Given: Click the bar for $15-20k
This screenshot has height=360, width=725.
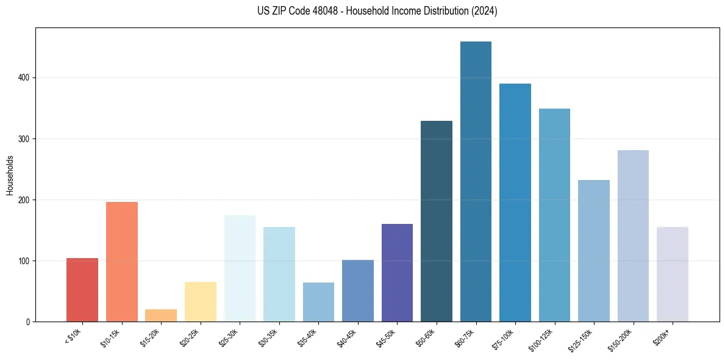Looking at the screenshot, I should click(x=161, y=315).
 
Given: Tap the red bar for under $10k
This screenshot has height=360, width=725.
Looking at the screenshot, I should click(x=82, y=290).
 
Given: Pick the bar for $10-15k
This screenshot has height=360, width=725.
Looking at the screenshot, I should click(x=122, y=262).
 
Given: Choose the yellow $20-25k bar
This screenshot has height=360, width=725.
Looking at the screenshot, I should click(x=201, y=302).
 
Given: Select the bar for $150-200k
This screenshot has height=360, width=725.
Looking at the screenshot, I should click(x=633, y=236).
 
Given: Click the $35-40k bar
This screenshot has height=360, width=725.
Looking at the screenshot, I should click(x=318, y=302).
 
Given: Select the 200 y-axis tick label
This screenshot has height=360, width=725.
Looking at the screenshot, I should click(x=25, y=200).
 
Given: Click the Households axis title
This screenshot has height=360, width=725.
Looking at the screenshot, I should click(x=10, y=175).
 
